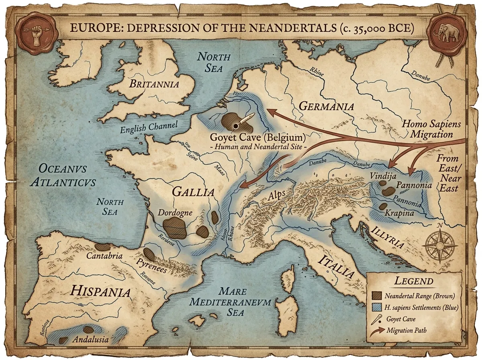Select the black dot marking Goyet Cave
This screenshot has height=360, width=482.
(x=235, y=126)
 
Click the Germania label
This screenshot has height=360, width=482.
(x=327, y=106)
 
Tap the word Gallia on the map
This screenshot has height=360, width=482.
(x=193, y=191)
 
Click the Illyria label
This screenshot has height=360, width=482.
(x=387, y=237)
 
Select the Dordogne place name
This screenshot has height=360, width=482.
(x=175, y=213)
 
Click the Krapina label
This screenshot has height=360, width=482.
(x=399, y=213)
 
